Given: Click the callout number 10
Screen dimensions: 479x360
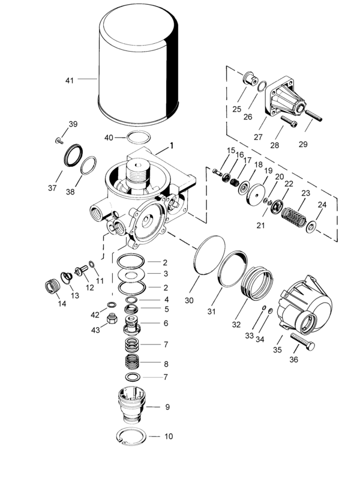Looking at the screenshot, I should (169, 436).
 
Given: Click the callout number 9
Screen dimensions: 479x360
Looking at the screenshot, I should (167, 407).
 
